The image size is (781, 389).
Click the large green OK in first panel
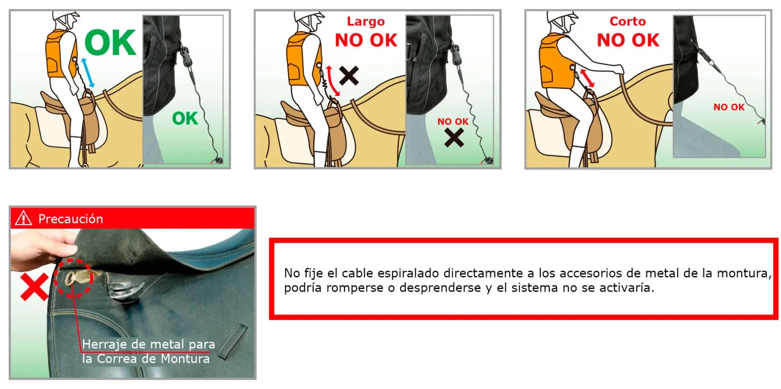pyautogui.click(x=111, y=43)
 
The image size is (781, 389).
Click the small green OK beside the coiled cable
pyautogui.click(x=185, y=118)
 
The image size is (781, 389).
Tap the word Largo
pyautogui.click(x=365, y=22)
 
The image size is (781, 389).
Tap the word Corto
pyautogui.click(x=628, y=21)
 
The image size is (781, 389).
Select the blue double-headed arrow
pyautogui.click(x=88, y=72)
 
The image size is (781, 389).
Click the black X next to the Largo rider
pyautogui.click(x=349, y=75)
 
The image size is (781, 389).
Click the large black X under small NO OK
pyautogui.click(x=454, y=137)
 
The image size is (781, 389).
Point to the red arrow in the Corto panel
pyautogui.click(x=587, y=78)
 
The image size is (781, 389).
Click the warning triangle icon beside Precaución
pyautogui.click(x=23, y=218)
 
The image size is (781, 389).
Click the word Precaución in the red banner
pyautogui.click(x=70, y=218)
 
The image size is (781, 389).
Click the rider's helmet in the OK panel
pyautogui.click(x=66, y=18)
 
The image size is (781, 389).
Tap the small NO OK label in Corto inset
pyautogui.click(x=728, y=107)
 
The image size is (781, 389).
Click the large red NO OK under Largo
pyautogui.click(x=366, y=41)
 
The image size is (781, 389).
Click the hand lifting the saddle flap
pyautogui.click(x=39, y=249)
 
